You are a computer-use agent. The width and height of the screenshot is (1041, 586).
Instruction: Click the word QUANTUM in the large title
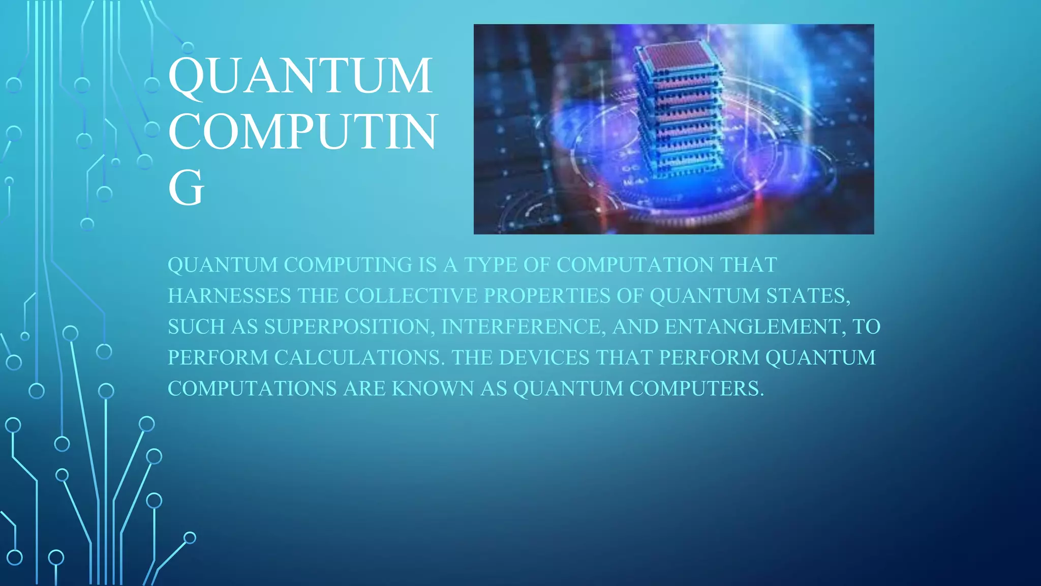300,76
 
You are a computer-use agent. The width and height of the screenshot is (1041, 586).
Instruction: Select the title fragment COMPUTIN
302,132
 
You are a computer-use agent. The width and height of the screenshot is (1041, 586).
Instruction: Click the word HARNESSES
229,296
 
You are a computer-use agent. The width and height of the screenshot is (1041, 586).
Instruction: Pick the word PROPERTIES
547,296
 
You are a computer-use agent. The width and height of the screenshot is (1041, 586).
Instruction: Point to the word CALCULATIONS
357,358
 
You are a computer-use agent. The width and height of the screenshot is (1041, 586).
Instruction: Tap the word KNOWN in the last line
433,389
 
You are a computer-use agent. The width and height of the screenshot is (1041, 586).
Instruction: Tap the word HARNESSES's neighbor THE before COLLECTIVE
318,296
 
